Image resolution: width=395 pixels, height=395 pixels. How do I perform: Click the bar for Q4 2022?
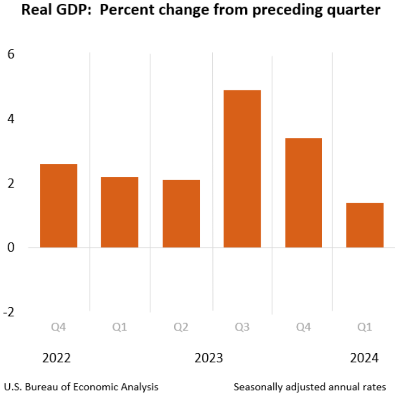tap(58, 206)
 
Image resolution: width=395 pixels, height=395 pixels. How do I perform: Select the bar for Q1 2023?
tap(120, 212)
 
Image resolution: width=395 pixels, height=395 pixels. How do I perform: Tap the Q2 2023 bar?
tap(181, 214)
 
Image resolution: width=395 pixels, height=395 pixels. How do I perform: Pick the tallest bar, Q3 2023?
tap(242, 168)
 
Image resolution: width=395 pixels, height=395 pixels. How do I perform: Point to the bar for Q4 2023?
tap(303, 193)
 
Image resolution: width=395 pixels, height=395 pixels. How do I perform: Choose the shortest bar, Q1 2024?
tap(364, 225)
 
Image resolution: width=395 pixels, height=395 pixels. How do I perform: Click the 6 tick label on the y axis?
tap(11, 54)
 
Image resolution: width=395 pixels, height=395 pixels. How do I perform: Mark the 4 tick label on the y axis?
tap(11, 119)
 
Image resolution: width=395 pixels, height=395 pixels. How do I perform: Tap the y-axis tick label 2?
tap(11, 184)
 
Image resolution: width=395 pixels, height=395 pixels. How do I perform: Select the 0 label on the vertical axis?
tap(11, 248)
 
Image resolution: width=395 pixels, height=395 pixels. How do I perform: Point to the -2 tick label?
tap(9, 312)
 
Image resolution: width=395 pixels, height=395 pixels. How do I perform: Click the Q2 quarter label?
tap(181, 328)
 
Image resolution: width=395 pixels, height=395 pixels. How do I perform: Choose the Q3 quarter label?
tap(242, 328)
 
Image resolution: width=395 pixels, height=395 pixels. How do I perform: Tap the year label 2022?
tap(56, 358)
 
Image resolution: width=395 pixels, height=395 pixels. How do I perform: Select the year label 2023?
tap(209, 358)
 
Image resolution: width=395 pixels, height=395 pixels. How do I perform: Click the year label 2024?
tap(364, 358)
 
